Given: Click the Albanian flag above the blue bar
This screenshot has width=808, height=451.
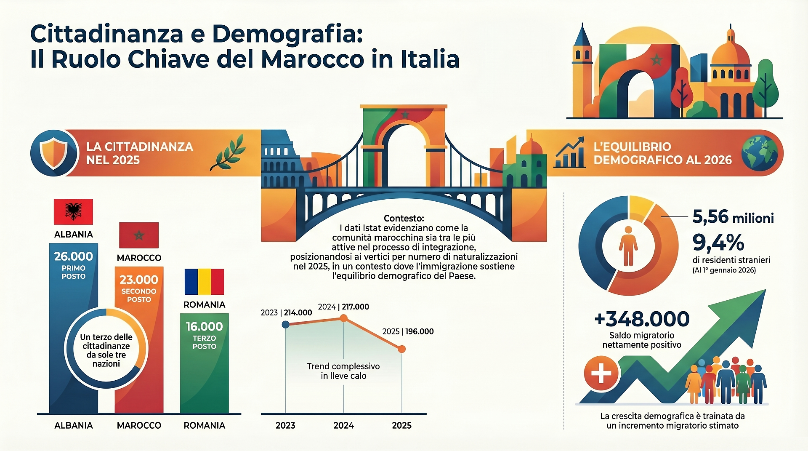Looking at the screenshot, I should pyautogui.click(x=73, y=211).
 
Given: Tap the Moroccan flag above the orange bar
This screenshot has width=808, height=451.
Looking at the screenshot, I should pyautogui.click(x=139, y=235).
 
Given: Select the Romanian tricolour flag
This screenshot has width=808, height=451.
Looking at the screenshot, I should pyautogui.click(x=204, y=282).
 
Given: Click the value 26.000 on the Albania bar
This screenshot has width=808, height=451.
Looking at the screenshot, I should pyautogui.click(x=74, y=256).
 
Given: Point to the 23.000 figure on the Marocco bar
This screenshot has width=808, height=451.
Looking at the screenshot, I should pyautogui.click(x=139, y=280).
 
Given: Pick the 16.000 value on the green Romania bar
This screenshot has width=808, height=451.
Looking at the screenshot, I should pyautogui.click(x=204, y=326).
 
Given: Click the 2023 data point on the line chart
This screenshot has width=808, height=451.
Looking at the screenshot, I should pyautogui.click(x=285, y=324).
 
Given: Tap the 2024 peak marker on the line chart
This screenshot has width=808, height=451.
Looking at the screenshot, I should pyautogui.click(x=343, y=318).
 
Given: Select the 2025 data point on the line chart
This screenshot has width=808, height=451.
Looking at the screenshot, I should pyautogui.click(x=401, y=349).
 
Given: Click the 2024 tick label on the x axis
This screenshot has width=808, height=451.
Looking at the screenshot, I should pyautogui.click(x=343, y=425).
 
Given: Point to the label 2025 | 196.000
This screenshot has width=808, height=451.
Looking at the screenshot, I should pyautogui.click(x=408, y=331).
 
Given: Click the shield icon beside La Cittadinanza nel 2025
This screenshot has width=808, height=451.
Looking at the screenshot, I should pyautogui.click(x=54, y=152).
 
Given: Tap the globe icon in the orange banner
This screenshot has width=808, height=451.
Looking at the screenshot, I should pyautogui.click(x=760, y=152).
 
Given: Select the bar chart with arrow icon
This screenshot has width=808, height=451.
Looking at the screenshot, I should pyautogui.click(x=570, y=152).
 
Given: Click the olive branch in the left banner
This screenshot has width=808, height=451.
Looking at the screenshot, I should pyautogui.click(x=228, y=152).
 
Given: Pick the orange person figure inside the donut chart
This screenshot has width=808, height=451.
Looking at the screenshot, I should pyautogui.click(x=628, y=246).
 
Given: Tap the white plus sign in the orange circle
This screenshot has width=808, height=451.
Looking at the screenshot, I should pyautogui.click(x=601, y=373).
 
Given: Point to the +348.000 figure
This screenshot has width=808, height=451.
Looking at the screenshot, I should pyautogui.click(x=642, y=319).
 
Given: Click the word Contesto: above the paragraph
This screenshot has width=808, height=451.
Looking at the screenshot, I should pyautogui.click(x=404, y=218).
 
